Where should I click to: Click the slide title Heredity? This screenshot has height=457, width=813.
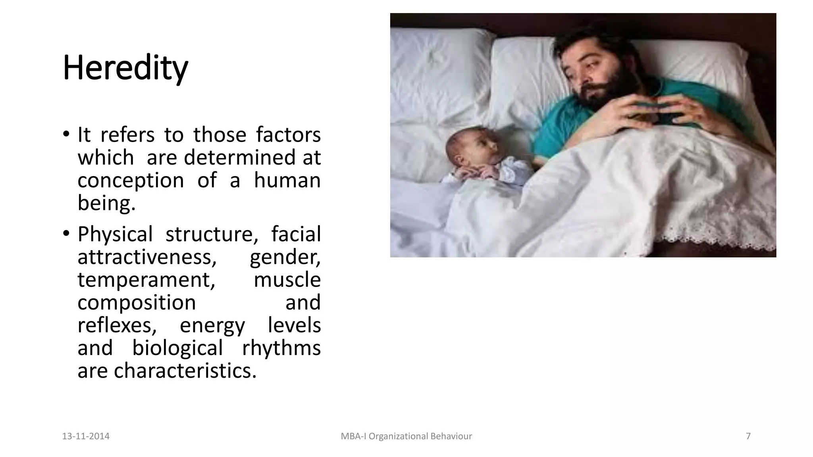click(125, 68)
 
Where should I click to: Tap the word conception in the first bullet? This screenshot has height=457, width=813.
click(131, 180)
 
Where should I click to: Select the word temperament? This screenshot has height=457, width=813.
click(146, 280)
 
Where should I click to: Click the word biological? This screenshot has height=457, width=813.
click(177, 348)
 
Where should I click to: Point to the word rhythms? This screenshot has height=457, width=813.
click(281, 348)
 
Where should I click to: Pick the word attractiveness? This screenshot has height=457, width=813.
click(147, 257)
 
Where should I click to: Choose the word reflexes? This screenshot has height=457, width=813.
click(117, 326)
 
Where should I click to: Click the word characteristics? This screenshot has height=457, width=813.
click(185, 371)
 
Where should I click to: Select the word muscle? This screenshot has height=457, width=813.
click(287, 280)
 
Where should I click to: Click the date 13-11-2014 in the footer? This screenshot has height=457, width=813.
click(86, 436)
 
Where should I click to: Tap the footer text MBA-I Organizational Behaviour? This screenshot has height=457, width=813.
click(406, 436)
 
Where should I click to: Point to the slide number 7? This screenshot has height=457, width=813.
click(748, 436)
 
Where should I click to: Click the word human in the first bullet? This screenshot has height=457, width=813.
click(287, 180)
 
